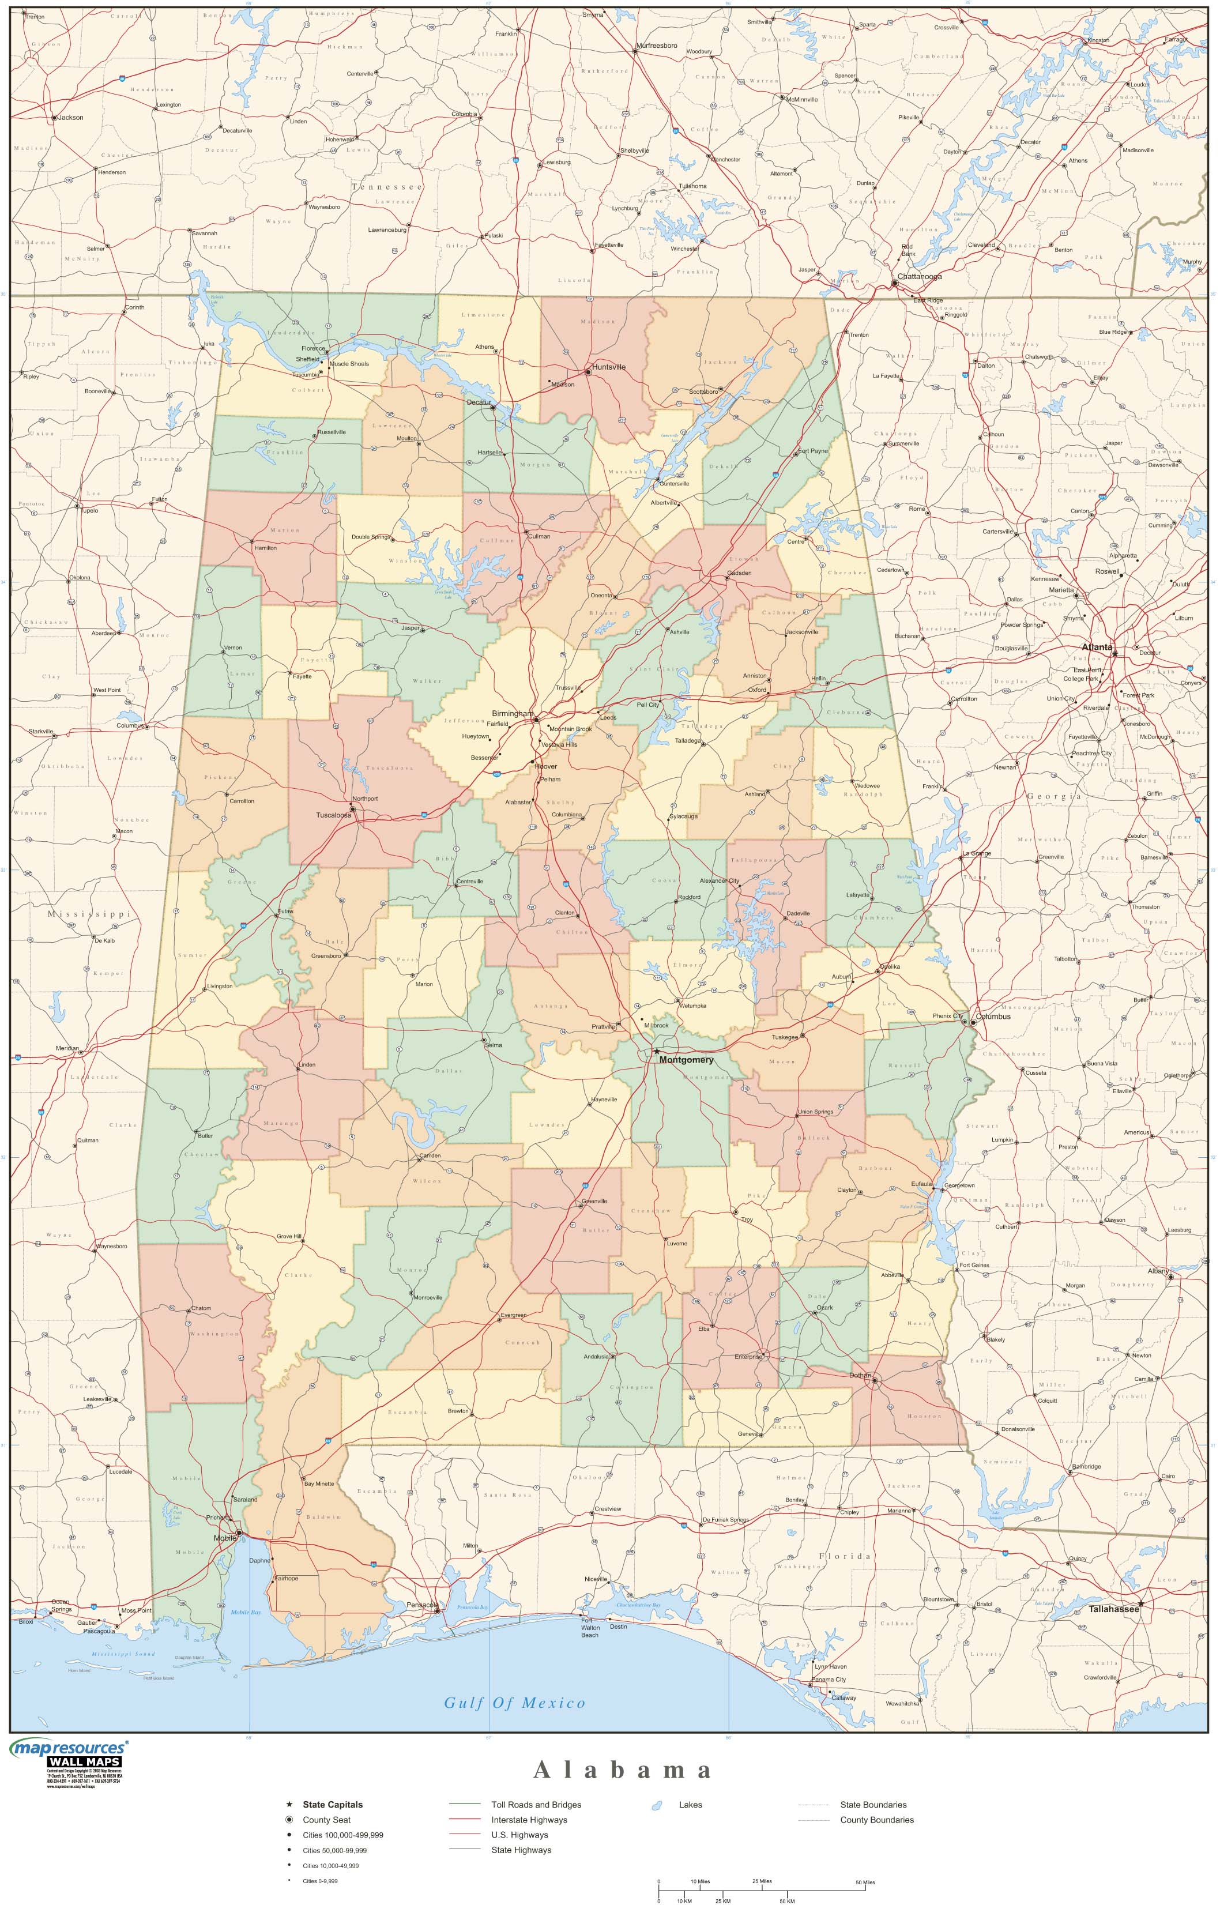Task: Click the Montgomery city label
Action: [x=686, y=1060]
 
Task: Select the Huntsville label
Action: [x=608, y=367]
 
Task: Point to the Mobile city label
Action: [x=225, y=1538]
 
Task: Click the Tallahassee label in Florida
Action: [x=1113, y=1609]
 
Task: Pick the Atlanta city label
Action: [x=1097, y=647]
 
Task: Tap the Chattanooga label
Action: [x=919, y=276]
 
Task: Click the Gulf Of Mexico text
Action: [x=514, y=1703]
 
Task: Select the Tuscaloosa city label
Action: [x=333, y=815]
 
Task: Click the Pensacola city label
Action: [x=421, y=1604]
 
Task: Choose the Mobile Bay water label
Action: [x=246, y=1613]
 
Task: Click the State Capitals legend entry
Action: [x=332, y=1805]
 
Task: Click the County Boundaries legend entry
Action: [x=876, y=1820]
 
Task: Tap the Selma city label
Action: [x=494, y=1045]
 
